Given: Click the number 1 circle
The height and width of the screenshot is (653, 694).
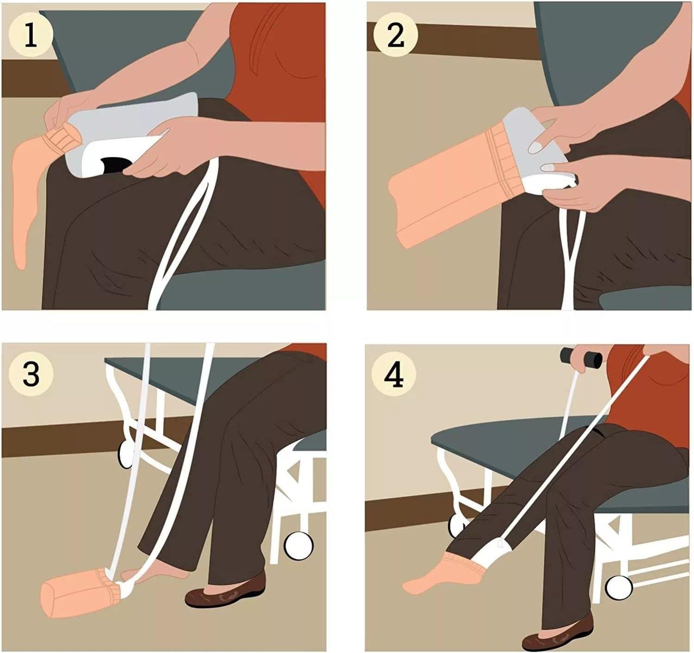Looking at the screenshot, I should click(x=31, y=36).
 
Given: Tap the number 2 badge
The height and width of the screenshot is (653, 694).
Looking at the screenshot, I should click(x=395, y=36).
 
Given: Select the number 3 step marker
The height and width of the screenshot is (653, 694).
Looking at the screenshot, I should click(x=31, y=374).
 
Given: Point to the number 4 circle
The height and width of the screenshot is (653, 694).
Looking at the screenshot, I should click(x=394, y=375).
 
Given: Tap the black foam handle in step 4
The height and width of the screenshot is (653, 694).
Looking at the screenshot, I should click(x=581, y=357).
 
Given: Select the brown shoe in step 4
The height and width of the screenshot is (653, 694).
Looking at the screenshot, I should click(x=558, y=634).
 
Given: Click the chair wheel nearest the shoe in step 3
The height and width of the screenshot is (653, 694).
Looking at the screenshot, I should click(x=298, y=546).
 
